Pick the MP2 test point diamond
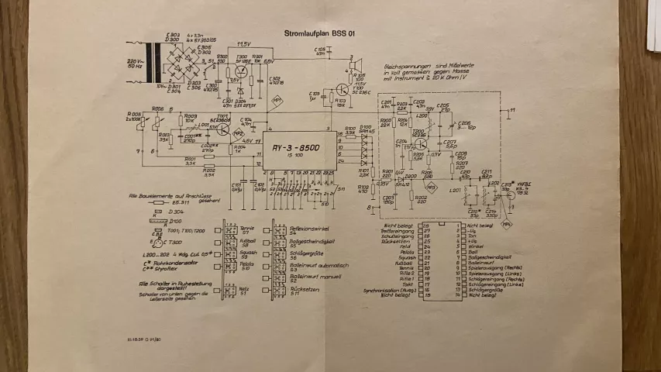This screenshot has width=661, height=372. coord(218,133)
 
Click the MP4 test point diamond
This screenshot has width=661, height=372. coord(507,223)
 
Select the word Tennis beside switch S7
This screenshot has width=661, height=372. coord(246,228)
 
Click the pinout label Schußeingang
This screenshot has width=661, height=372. coord(396,236)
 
